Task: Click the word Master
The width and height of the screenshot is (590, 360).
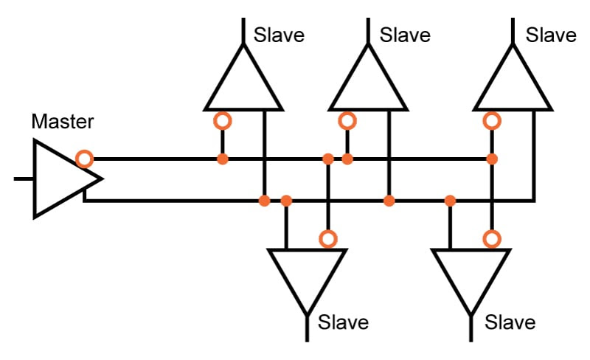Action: (x=63, y=122)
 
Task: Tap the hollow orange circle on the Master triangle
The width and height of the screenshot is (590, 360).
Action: (x=85, y=159)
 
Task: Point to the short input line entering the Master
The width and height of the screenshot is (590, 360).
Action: (x=24, y=179)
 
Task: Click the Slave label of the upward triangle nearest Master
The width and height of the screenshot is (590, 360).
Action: (x=279, y=35)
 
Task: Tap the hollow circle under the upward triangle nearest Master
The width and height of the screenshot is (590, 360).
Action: (x=223, y=121)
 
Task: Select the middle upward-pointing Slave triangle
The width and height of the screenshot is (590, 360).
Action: (x=368, y=77)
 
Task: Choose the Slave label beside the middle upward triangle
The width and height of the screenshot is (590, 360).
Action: (x=405, y=35)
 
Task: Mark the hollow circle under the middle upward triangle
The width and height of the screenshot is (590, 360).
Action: (x=347, y=121)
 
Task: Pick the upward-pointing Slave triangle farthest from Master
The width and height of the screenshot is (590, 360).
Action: (x=513, y=77)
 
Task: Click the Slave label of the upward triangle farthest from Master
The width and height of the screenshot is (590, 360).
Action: (x=551, y=35)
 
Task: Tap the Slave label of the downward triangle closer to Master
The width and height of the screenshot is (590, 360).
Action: (x=343, y=322)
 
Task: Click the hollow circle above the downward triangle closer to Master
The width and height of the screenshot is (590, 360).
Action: (x=328, y=239)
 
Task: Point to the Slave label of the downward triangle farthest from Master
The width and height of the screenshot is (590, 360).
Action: (x=510, y=322)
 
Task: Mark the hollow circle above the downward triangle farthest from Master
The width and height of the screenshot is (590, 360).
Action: (x=492, y=239)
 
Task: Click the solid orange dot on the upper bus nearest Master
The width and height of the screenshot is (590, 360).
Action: (x=223, y=159)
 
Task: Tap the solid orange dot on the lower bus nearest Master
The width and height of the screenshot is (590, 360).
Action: (x=265, y=201)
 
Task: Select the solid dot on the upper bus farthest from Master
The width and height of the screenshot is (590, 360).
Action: (x=492, y=159)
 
